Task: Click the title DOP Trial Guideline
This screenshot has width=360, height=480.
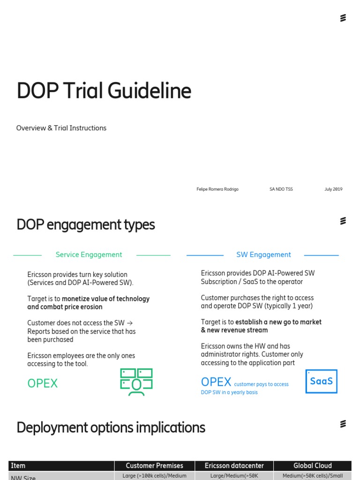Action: [x=104, y=91]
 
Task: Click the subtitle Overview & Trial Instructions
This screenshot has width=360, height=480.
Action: [x=61, y=128]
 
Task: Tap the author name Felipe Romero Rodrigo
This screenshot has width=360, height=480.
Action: [x=217, y=189]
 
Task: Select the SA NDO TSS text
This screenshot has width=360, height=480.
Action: [x=281, y=189]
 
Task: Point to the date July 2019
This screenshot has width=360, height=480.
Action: [x=333, y=189]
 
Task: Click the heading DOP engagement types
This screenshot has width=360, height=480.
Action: [x=85, y=225]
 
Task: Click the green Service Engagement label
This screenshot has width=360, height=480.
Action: [x=89, y=255]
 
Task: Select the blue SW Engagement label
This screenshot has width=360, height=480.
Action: [x=263, y=255]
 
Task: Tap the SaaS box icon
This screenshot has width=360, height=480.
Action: [x=321, y=381]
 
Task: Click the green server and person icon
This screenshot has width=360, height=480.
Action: [x=136, y=382]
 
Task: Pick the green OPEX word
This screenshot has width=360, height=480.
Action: [x=42, y=383]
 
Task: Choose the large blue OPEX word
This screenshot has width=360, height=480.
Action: [x=216, y=382]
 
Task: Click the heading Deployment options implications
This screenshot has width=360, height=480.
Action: [x=111, y=427]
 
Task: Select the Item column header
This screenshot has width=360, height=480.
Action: [x=18, y=465]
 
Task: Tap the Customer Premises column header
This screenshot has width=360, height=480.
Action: [x=154, y=465]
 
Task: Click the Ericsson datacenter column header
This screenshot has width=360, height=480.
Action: [x=234, y=465]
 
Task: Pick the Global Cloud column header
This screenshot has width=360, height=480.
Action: [x=312, y=465]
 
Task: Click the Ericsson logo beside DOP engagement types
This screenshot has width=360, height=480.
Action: [x=343, y=221]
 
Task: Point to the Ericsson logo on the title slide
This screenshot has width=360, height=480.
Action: [x=343, y=18]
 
